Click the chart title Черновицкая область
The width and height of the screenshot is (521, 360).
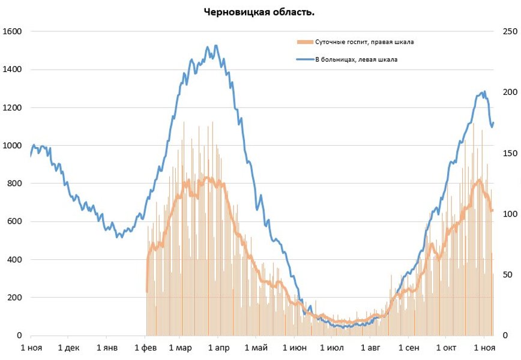pos(260,12)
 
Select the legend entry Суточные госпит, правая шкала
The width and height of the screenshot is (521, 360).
pos(364,42)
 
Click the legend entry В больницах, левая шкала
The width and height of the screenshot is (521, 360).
pos(356,59)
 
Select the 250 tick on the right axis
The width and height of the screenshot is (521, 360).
pos(510,31)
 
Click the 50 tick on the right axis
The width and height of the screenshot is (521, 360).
pos(508,275)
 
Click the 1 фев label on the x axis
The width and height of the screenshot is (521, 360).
pos(145,348)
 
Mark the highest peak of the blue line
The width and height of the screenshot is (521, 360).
pos(215,46)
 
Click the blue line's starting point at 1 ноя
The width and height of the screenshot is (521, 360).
pos(31,156)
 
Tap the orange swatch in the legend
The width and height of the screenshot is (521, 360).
pos(305,42)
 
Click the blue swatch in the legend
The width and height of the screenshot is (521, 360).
pos(305,59)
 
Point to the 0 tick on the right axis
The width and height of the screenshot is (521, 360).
pos(505,335)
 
